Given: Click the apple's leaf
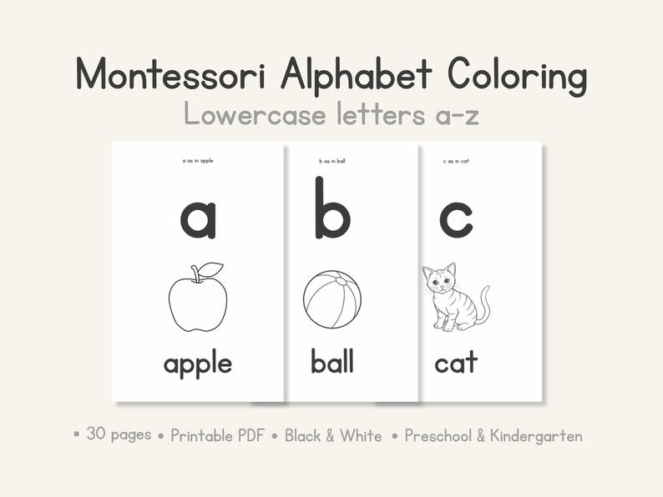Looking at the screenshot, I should click(210, 269).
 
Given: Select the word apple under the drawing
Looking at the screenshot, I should click(198, 364).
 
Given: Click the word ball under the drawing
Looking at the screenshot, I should click(332, 361).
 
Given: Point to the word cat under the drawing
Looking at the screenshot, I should click(456, 363).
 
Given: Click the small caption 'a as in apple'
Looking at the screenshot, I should click(198, 160).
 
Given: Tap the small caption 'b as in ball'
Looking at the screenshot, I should click(331, 160).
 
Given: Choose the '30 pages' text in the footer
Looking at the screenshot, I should click(119, 434).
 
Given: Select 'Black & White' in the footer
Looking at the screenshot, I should click(333, 435).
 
